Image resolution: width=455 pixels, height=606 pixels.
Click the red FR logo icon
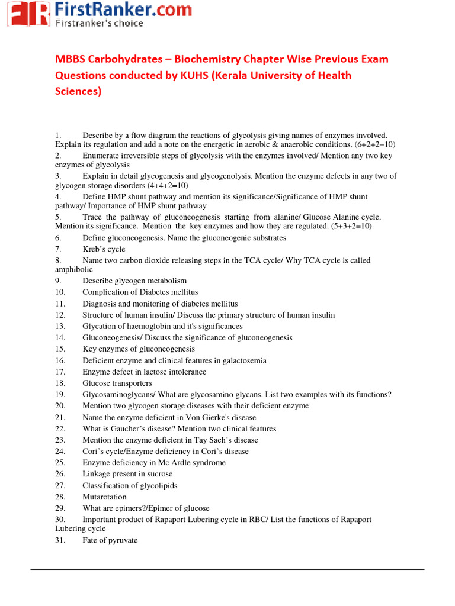(x=28, y=14)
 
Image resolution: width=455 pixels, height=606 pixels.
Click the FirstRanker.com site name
(x=123, y=9)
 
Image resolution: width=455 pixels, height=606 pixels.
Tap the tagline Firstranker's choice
(x=100, y=23)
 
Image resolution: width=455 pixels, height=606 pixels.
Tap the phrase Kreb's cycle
(x=104, y=249)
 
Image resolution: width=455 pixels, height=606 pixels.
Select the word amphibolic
(x=74, y=269)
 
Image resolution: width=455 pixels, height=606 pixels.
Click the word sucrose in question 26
(x=159, y=474)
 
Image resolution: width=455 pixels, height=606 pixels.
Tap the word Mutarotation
(x=104, y=497)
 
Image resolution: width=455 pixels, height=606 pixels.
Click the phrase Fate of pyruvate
(x=110, y=540)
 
